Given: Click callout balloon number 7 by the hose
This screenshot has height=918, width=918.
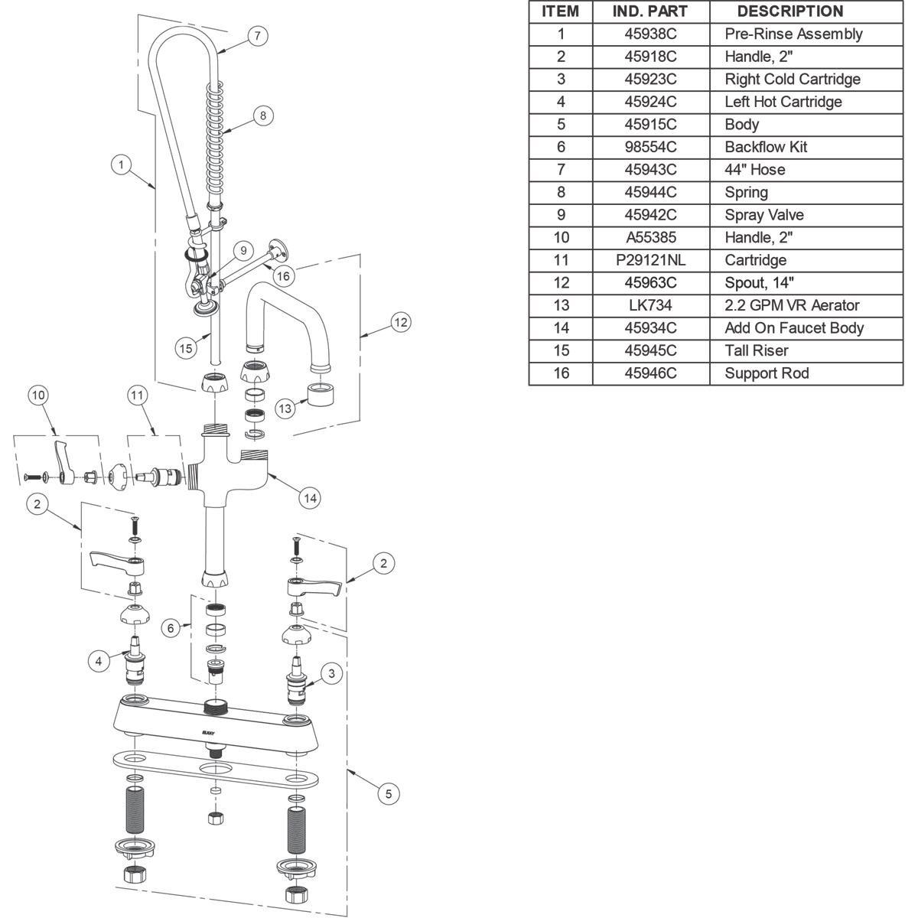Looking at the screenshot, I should pos(258,35).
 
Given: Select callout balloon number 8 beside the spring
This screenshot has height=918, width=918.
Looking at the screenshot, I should pos(262,116).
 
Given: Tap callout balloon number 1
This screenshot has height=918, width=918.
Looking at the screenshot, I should pos(121,164).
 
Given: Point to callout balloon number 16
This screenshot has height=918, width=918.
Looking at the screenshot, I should pos(283,275).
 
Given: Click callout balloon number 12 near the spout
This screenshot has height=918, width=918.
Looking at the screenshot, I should pos(400,322).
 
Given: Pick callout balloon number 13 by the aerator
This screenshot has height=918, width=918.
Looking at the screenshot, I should pos(285,409).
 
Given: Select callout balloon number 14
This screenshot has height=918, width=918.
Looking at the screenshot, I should pos(310,498).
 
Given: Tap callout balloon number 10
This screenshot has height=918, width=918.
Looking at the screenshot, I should pos(38,395).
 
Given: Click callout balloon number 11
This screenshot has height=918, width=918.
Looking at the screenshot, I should pos(137,395).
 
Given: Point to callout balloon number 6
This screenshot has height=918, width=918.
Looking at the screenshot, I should pos(171,628).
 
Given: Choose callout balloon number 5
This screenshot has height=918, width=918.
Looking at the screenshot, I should pos(389,794).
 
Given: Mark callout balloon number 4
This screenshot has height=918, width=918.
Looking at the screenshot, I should pos(99,661).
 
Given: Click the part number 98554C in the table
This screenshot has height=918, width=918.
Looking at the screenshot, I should pos(650,147).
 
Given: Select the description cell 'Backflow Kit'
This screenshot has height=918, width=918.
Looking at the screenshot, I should pos(766,147).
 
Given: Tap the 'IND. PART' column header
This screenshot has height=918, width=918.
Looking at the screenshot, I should pos(650,11).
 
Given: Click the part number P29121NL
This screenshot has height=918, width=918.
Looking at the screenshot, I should pos(650,260).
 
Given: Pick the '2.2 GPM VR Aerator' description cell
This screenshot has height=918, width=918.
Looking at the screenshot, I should pos(792,305).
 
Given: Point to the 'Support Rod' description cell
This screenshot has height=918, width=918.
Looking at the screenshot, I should pos(767,373).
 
